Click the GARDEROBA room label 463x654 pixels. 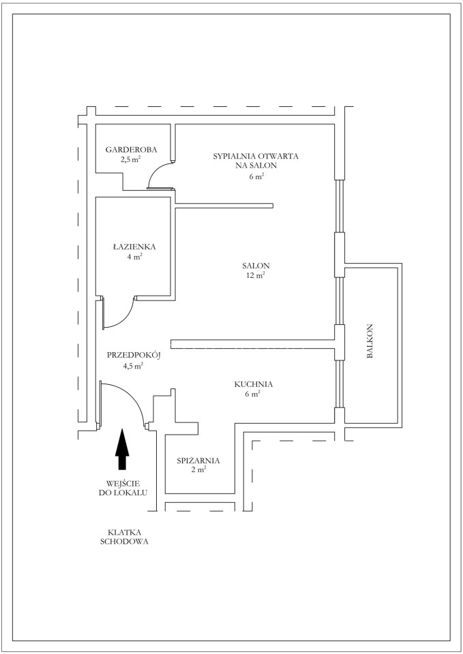tap(131, 149)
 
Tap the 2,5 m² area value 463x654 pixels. tap(130, 159)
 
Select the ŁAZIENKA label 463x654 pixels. tap(134, 246)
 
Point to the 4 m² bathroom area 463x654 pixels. tap(135, 257)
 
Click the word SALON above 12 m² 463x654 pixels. tap(256, 265)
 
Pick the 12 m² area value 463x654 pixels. tap(256, 275)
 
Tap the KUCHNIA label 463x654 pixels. tap(254, 384)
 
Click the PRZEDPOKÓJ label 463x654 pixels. tap(134, 356)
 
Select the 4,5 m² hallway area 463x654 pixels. tap(133, 366)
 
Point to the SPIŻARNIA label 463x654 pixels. tap(198, 461)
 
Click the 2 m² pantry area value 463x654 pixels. tap(198, 470)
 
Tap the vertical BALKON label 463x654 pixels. tap(370, 341)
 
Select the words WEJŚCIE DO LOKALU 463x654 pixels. tap(123, 488)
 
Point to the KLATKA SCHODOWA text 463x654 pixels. tap(124, 537)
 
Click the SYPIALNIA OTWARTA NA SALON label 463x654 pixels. tap(256, 166)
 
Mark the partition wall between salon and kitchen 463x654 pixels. tap(253, 343)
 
